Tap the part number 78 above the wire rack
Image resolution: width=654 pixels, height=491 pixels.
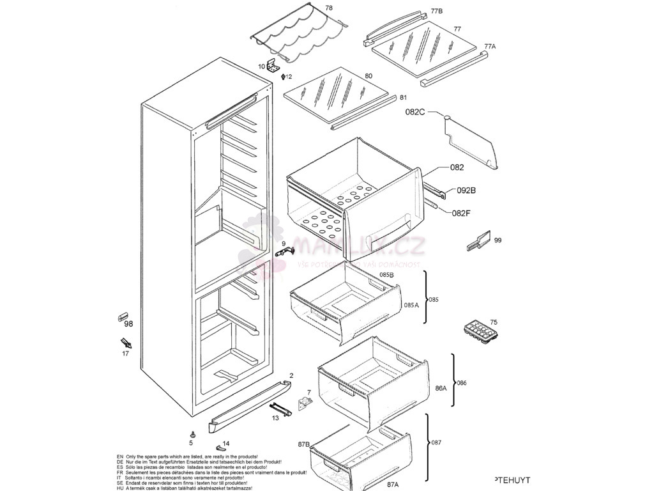click(328, 8)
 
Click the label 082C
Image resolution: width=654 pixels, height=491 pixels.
click(414, 112)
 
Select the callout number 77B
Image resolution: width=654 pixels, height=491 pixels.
click(436, 12)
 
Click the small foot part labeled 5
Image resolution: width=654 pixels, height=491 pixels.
click(192, 433)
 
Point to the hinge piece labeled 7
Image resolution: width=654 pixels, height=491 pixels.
click(305, 403)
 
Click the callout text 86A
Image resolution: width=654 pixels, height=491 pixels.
click(441, 388)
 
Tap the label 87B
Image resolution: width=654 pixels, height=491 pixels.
click(303, 444)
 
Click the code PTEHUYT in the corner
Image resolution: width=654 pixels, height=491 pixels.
click(512, 479)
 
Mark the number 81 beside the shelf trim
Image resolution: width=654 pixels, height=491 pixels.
click(403, 98)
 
